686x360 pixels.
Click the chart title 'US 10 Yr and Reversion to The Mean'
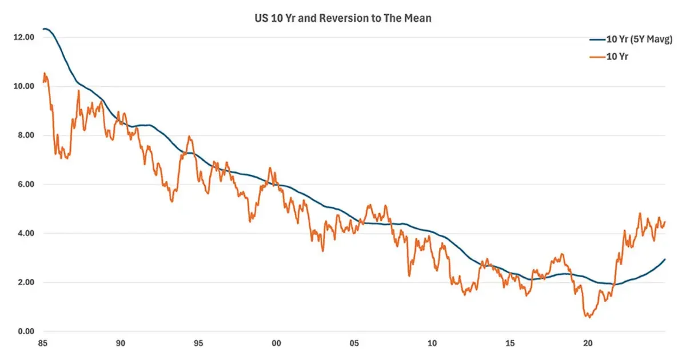coord(343,18)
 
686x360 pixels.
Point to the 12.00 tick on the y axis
coord(23,37)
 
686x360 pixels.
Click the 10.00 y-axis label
coord(23,86)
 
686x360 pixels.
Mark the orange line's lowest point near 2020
coord(588,317)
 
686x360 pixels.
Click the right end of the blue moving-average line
coord(665,259)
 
